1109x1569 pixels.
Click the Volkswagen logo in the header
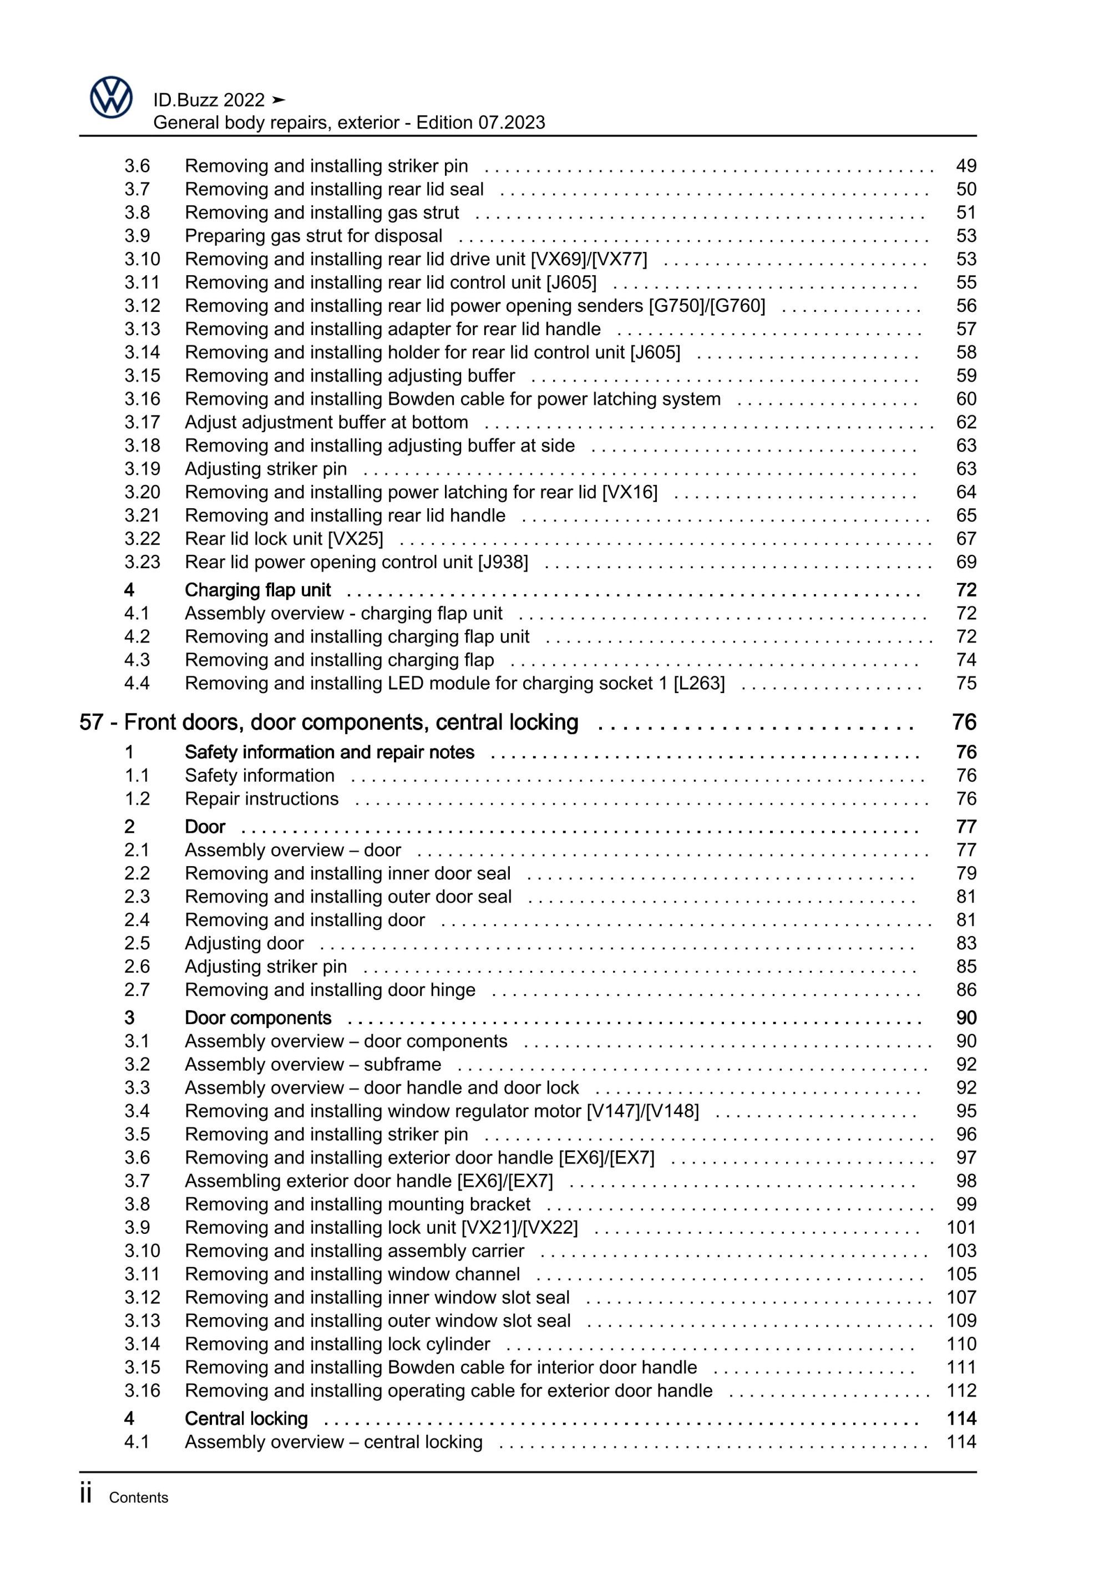pos(112,98)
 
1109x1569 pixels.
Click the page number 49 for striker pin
pos(965,166)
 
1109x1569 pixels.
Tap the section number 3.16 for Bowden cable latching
pos(142,399)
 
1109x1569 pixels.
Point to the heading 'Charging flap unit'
pos(257,590)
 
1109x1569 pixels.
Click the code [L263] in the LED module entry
pos(699,684)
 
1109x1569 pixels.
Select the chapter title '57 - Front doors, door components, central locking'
pos(328,722)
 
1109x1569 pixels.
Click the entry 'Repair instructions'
pos(262,799)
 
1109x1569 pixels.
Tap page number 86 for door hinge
pos(965,990)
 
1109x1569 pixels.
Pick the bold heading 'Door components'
pos(257,1018)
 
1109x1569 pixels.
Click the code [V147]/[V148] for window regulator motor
pos(643,1111)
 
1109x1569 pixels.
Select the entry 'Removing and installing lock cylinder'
pos(337,1344)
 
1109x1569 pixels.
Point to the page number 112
pos(961,1391)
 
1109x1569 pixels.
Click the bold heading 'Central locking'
pos(246,1419)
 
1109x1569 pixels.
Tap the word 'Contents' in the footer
pos(138,1498)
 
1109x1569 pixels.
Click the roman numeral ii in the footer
pos(86,1495)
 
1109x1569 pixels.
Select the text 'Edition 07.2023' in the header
pos(480,123)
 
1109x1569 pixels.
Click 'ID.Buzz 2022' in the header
pos(209,100)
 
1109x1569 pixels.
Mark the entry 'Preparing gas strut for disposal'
pos(313,236)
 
